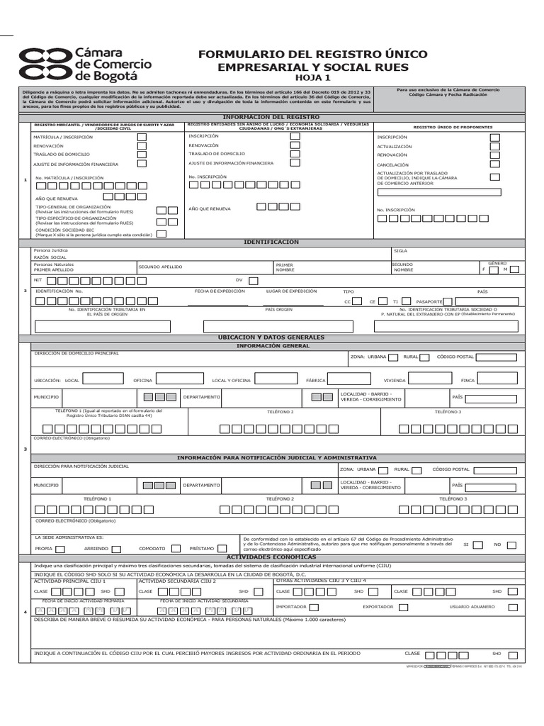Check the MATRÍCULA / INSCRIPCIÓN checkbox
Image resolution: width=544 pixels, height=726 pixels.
click(142, 137)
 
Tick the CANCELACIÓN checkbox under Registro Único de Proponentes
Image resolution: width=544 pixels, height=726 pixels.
click(494, 163)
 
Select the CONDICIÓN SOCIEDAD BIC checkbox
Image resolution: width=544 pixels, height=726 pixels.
click(161, 233)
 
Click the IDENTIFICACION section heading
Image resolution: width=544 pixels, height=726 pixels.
click(272, 242)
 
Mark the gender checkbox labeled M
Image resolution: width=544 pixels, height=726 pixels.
click(515, 269)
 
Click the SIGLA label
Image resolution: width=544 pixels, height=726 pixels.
click(399, 251)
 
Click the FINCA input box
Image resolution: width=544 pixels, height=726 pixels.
click(500, 379)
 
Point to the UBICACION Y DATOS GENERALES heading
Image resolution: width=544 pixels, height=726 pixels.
click(272, 337)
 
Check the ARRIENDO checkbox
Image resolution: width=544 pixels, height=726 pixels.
click(115, 548)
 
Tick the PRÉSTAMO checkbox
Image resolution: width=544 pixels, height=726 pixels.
click(222, 548)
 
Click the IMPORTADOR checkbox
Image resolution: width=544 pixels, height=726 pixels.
click(314, 607)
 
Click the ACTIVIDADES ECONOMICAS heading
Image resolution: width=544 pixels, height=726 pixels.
click(272, 557)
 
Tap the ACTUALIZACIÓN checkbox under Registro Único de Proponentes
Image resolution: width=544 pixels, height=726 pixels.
click(494, 146)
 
